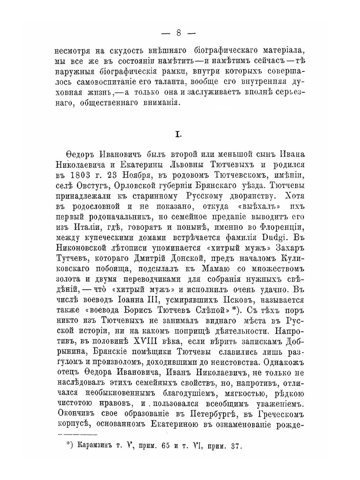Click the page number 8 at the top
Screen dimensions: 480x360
pyautogui.click(x=179, y=33)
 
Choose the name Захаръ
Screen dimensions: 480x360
pyautogui.click(x=291, y=248)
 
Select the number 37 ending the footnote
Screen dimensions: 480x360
pyautogui.click(x=235, y=446)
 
